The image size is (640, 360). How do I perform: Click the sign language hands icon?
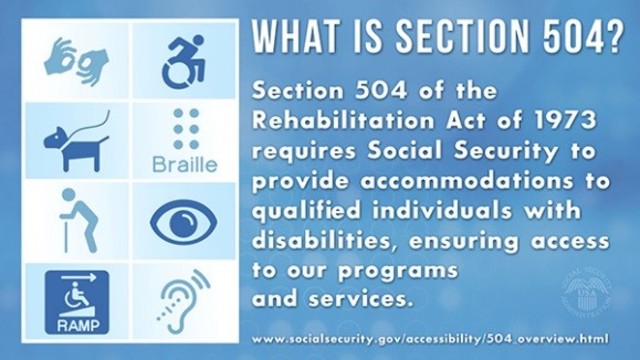(74, 60)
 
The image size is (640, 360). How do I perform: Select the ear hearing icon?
(183, 300)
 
